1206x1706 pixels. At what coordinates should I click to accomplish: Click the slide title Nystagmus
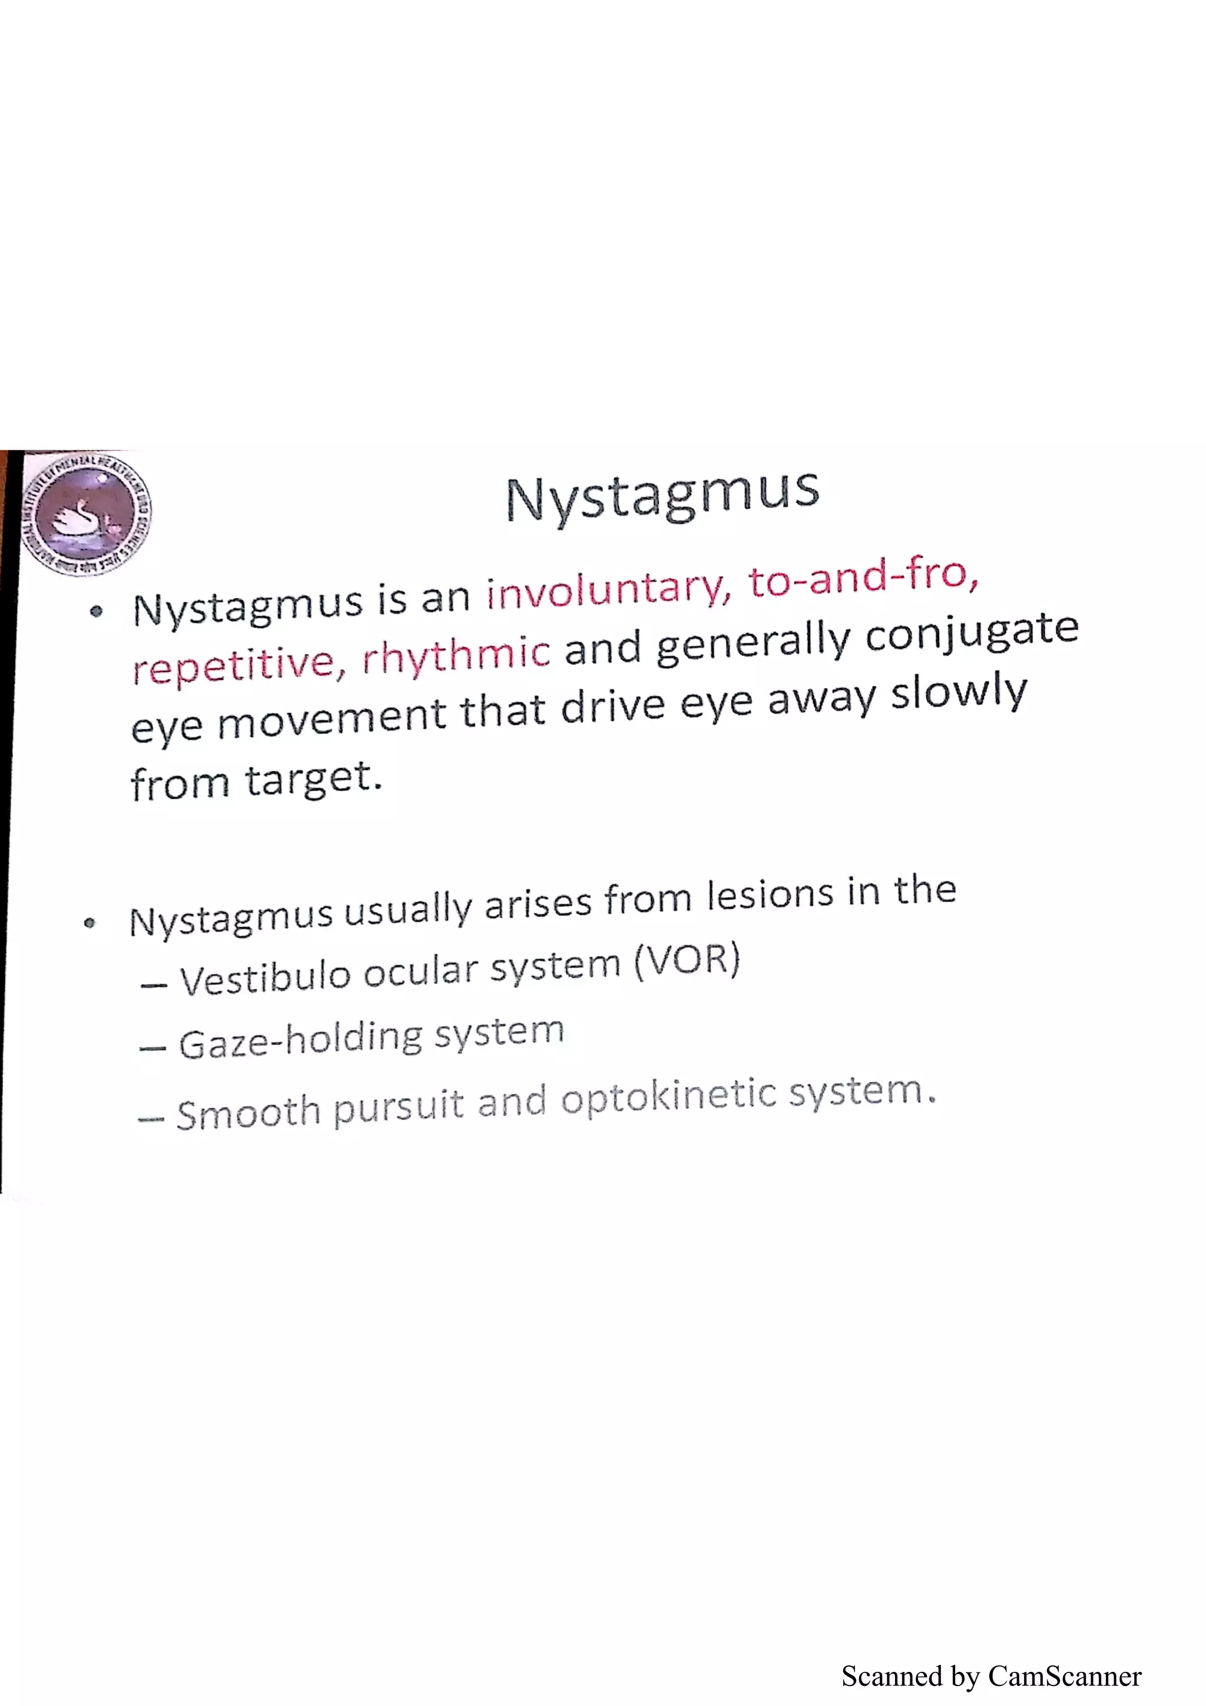coord(662,496)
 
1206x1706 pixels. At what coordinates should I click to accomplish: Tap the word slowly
coord(959,695)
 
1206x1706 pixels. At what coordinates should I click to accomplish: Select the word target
coord(312,779)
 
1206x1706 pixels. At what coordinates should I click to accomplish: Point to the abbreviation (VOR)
coord(687,960)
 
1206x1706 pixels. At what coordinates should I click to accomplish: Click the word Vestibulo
coord(264,978)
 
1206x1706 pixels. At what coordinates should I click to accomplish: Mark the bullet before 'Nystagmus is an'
coord(95,613)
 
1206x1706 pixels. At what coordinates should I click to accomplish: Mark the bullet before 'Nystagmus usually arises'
coord(90,924)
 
